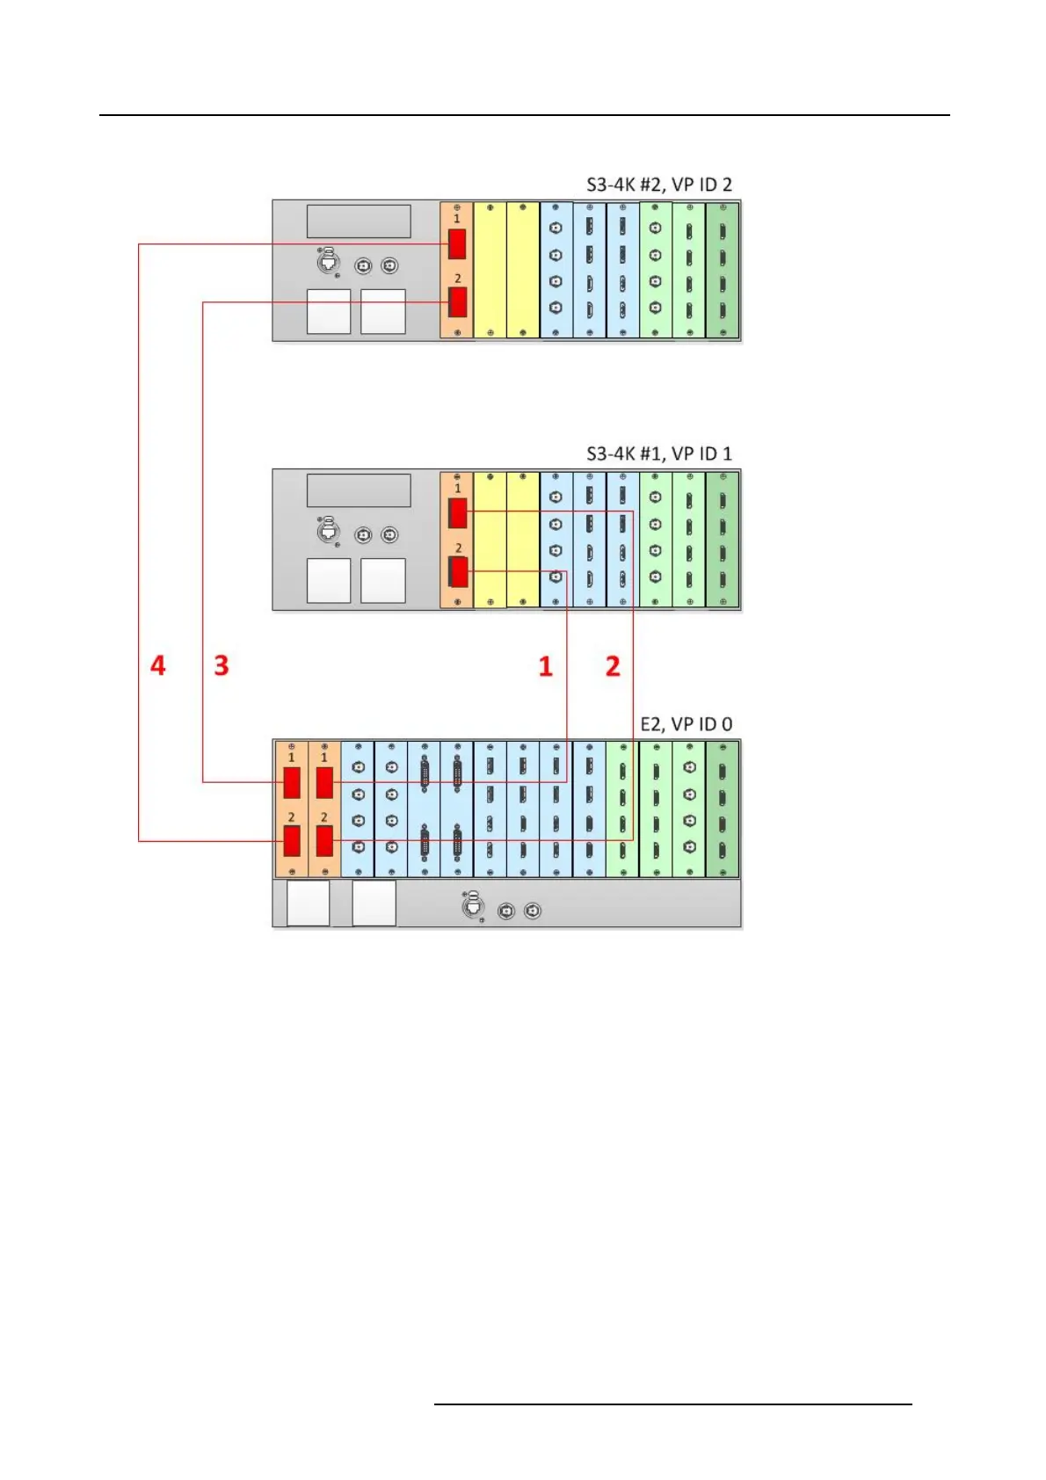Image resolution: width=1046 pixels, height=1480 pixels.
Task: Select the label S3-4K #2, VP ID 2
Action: (x=658, y=185)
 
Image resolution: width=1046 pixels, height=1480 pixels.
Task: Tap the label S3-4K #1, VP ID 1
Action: (x=658, y=453)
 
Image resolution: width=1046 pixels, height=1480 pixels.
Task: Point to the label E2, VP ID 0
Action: (x=686, y=724)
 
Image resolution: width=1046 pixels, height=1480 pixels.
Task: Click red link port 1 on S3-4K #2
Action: (x=457, y=243)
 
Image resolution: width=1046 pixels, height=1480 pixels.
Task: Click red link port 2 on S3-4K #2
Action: (x=457, y=302)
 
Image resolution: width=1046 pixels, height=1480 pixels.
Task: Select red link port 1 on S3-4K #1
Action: (x=457, y=512)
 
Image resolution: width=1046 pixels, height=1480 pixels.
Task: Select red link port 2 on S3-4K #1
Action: (x=458, y=572)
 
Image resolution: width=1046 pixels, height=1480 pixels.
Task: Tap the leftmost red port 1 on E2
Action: (x=292, y=782)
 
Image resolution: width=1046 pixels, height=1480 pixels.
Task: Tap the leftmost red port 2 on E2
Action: (x=292, y=841)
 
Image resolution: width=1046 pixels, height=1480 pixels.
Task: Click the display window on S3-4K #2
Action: (x=359, y=221)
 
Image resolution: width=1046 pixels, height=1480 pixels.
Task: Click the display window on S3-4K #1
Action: (x=359, y=490)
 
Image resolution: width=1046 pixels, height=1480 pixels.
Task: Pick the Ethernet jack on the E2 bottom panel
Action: (x=474, y=905)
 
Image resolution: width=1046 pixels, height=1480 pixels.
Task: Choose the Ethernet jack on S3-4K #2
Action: (x=328, y=261)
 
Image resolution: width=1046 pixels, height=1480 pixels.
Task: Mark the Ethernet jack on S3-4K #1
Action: (x=328, y=530)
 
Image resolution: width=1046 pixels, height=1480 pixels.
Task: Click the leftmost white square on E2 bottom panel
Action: (x=309, y=903)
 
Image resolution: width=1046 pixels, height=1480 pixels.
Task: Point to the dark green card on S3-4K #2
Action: (x=723, y=270)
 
